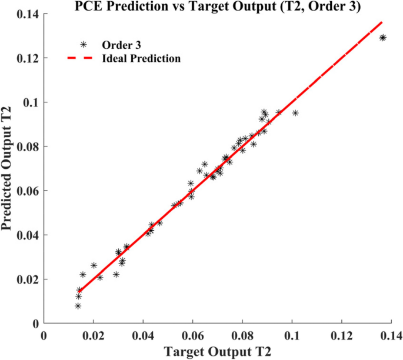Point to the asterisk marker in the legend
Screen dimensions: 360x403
pyautogui.click(x=84, y=44)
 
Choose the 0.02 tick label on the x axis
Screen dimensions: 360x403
pyautogui.click(x=93, y=335)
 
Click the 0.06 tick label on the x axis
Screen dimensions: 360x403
pyautogui.click(x=192, y=335)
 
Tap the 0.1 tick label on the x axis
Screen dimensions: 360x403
pyautogui.click(x=292, y=335)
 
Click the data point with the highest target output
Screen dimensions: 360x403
pyautogui.click(x=383, y=38)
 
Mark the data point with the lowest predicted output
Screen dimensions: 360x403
pyautogui.click(x=78, y=306)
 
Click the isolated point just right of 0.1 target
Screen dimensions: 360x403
pyautogui.click(x=295, y=113)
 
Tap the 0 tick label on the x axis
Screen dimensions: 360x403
pyautogui.click(x=44, y=335)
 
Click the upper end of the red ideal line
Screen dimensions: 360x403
pyautogui.click(x=382, y=22)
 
